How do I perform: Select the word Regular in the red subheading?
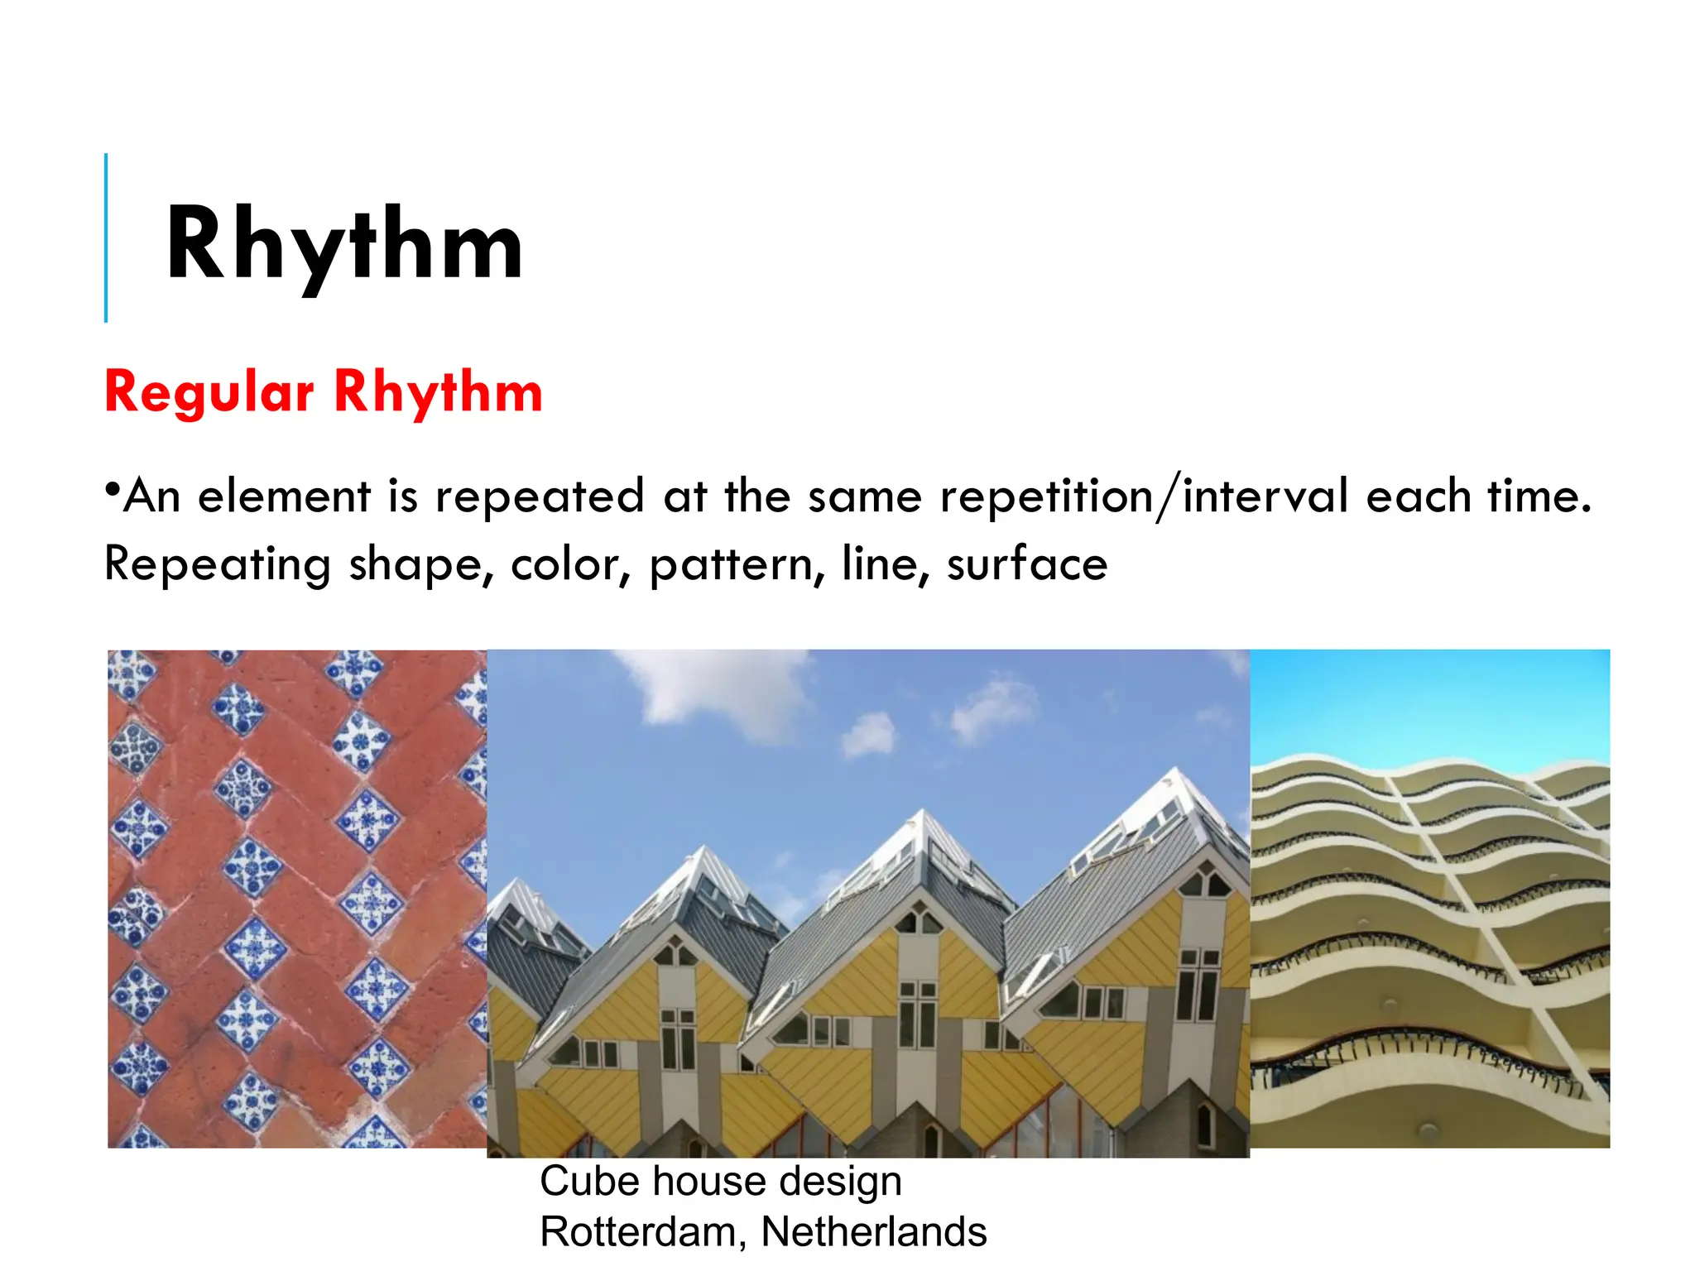209,391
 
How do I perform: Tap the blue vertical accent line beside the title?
106,237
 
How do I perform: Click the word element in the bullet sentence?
284,496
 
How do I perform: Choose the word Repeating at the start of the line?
217,564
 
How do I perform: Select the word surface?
1026,564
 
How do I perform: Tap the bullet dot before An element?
112,487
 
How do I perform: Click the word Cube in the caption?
588,1181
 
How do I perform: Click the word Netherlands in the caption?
873,1231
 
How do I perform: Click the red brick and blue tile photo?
296,898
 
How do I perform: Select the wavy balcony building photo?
1429,898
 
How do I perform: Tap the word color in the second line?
570,564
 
